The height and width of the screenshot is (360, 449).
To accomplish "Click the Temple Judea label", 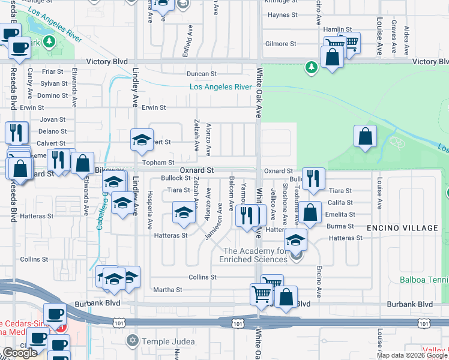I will click(169, 341).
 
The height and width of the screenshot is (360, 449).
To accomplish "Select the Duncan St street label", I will click(201, 74).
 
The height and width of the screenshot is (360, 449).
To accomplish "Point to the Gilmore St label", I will click(281, 44).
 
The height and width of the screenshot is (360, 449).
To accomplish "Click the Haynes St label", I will click(283, 14).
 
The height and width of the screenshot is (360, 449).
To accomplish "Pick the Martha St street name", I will click(167, 290).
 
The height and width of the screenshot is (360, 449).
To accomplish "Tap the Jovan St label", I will click(53, 119).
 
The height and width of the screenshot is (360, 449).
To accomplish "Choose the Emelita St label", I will click(340, 214).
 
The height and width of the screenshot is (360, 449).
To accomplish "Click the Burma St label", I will click(339, 226).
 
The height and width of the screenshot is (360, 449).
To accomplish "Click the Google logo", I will click(19, 353).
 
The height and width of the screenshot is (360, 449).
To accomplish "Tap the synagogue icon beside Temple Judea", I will click(133, 341).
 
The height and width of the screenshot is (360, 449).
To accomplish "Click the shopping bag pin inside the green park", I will click(365, 137).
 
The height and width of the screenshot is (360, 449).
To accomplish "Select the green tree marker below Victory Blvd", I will click(311, 67).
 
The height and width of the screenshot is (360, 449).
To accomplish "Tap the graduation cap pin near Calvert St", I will click(142, 140).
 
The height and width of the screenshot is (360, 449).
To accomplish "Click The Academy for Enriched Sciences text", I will click(255, 255).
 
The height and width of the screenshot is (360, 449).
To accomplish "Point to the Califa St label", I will click(340, 203).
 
